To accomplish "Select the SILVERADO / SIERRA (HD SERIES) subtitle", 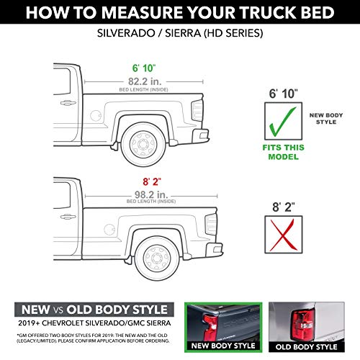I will pos(179,35).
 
